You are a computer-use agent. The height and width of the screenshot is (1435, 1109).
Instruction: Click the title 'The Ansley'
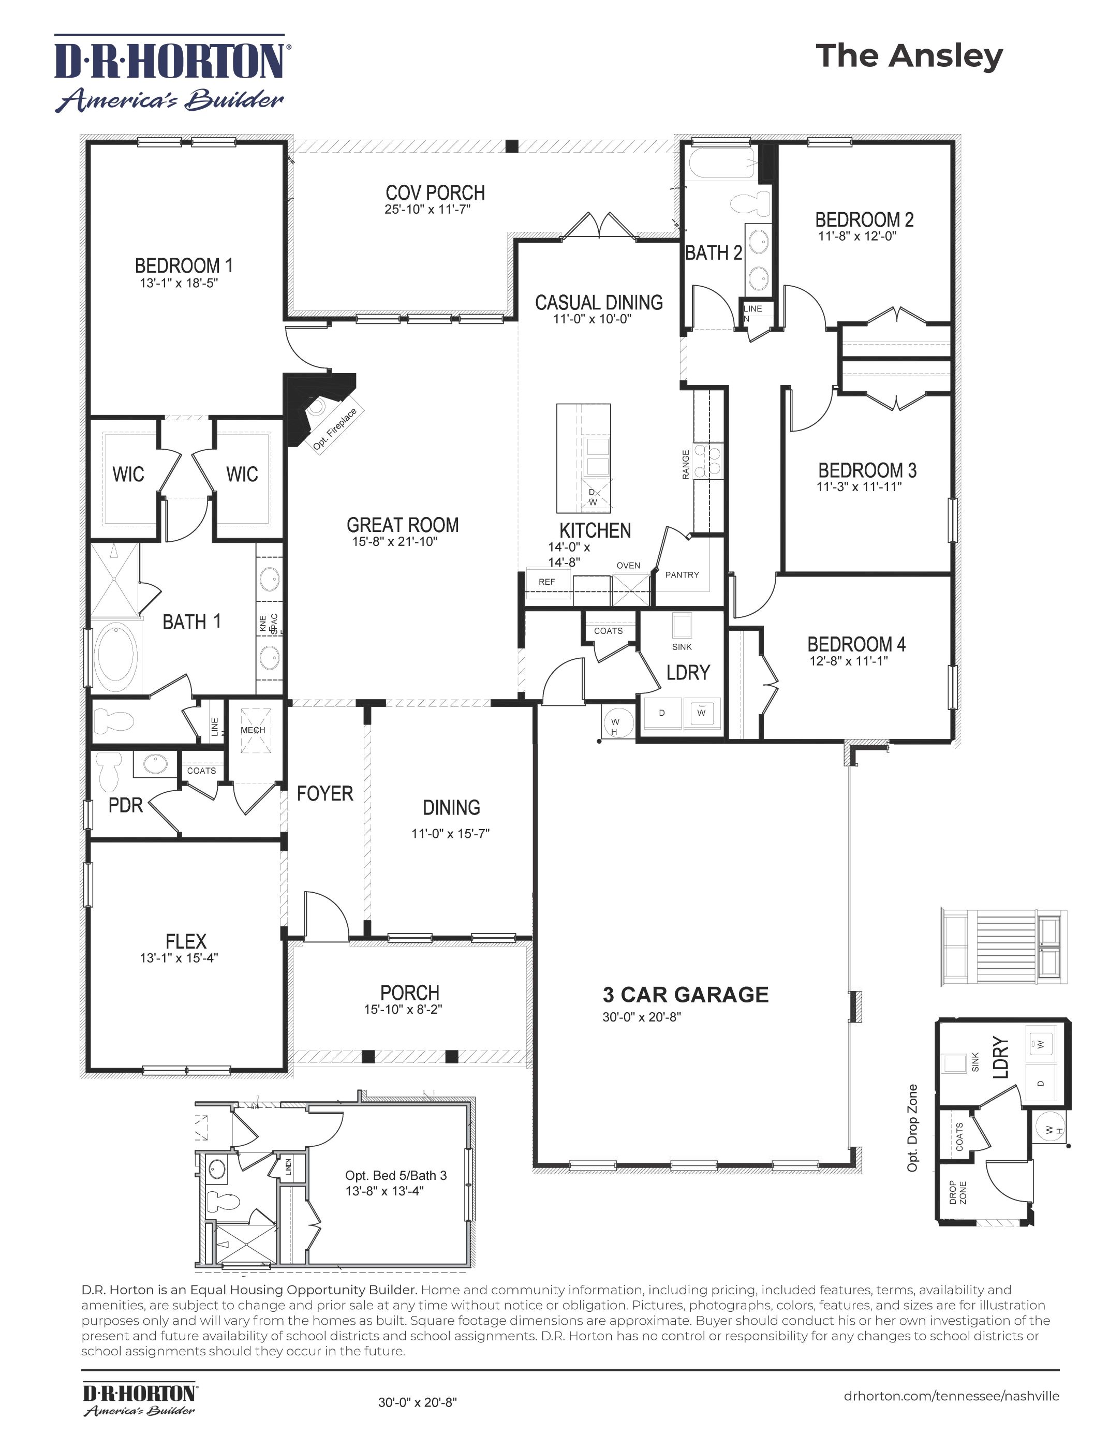coord(909,57)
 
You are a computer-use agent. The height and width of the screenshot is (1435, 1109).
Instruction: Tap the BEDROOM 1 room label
coord(184,265)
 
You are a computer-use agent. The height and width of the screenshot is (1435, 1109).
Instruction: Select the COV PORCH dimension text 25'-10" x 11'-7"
coord(427,210)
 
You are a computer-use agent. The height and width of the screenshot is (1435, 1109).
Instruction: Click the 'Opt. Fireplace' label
coord(335,429)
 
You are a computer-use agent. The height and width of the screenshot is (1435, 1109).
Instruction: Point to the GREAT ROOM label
coord(403,525)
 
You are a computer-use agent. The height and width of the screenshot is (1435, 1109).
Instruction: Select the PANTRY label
coord(682,575)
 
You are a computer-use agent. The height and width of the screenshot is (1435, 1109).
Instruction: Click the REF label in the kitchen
coord(546,582)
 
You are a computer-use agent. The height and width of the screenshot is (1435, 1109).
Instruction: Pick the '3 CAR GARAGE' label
coord(686,995)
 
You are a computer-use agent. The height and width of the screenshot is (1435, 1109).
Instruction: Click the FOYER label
coord(325,794)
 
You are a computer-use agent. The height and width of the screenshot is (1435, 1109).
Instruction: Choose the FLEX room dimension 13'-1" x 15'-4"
coord(179,958)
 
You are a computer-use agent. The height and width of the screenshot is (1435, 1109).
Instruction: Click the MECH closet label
coord(253,730)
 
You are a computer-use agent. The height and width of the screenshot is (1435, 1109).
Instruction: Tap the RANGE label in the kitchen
coord(686,465)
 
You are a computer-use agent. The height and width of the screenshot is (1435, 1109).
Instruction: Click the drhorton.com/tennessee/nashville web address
coord(951,1396)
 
